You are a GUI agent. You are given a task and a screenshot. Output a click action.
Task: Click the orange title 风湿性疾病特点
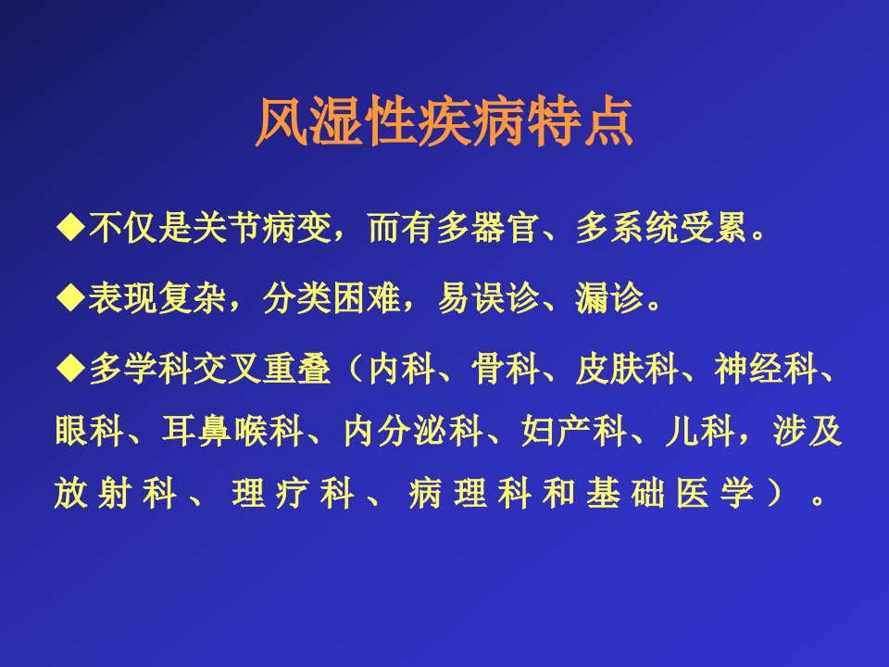pos(444,122)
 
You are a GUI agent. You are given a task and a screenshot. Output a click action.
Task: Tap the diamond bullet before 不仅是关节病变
pos(71,228)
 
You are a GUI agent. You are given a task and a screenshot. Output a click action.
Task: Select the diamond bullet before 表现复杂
pos(71,297)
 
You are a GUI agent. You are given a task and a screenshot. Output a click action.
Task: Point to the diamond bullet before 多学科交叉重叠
pos(71,368)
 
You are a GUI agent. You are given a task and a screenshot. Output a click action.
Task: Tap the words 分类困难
pos(332,297)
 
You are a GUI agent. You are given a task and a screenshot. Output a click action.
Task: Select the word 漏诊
pos(610,297)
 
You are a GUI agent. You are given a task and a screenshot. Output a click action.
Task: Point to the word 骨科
pos(506,368)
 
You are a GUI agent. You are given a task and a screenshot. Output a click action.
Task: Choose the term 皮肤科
pos(627,368)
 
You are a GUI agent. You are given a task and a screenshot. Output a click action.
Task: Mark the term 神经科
pos(767,368)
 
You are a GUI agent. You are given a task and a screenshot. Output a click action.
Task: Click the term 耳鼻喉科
pos(232,431)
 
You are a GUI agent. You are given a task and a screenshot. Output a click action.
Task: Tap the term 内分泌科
pos(413,431)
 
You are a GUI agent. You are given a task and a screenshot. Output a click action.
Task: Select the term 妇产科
pos(574,431)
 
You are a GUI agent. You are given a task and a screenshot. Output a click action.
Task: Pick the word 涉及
pos(808,431)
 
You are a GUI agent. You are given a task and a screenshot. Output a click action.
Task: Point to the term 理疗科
pos(293,493)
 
